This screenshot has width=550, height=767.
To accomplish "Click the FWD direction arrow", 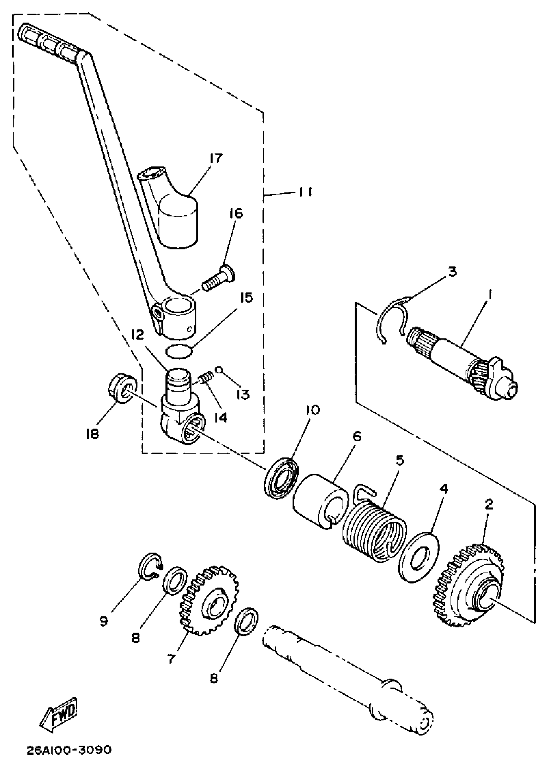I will click(60, 714).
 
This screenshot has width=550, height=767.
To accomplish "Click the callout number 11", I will click(305, 192).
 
